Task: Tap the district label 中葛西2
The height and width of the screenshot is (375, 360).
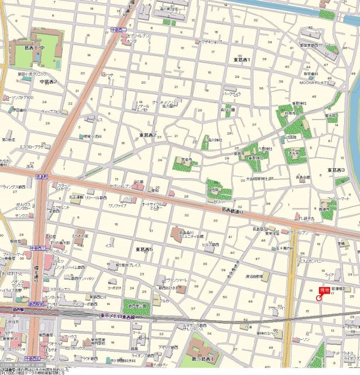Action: tap(47, 81)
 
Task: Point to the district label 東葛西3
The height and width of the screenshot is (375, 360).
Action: tap(337, 170)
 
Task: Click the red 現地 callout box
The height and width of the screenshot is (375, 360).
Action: tap(324, 290)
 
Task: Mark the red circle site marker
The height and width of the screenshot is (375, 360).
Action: tap(318, 298)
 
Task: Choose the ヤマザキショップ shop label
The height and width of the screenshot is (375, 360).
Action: tap(210, 42)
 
